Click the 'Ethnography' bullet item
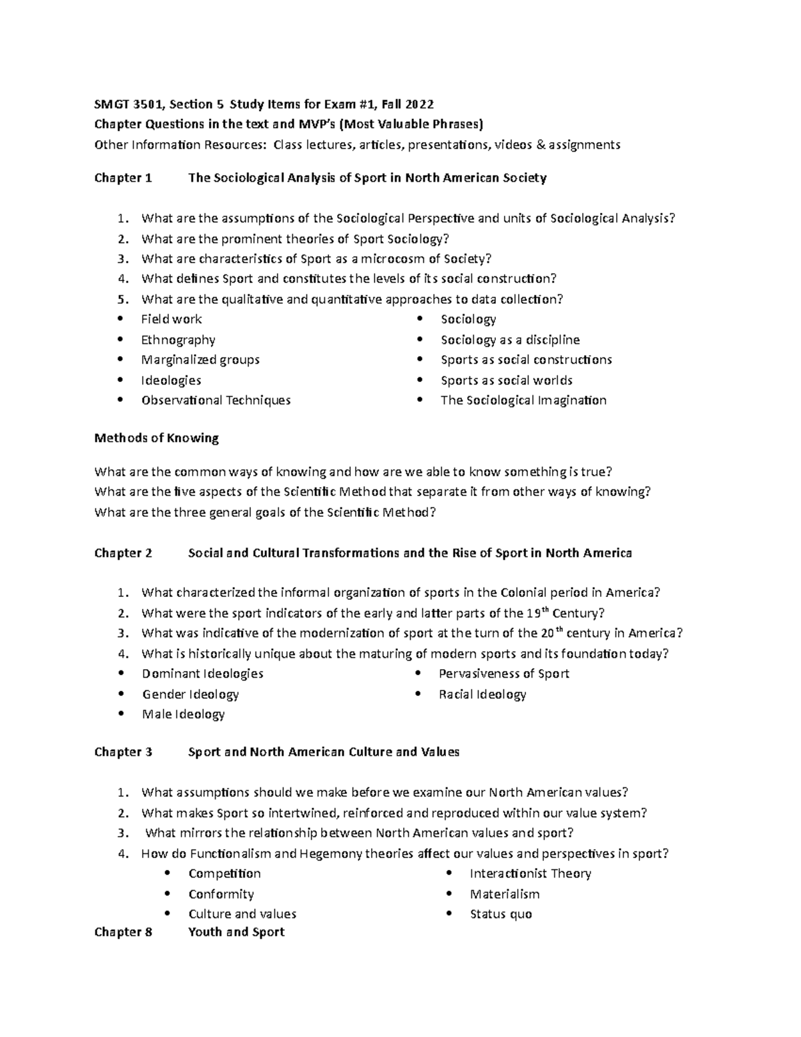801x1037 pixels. [x=178, y=340]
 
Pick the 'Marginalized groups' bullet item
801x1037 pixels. [x=200, y=360]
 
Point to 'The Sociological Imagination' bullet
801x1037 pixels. [x=523, y=401]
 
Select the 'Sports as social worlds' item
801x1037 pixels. [x=507, y=381]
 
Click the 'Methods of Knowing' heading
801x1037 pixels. [x=157, y=438]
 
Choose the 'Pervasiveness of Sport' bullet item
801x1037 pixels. [x=504, y=674]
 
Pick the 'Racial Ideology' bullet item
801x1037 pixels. [x=483, y=694]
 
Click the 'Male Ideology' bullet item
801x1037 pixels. [x=184, y=714]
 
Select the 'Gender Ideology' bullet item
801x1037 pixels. [x=190, y=694]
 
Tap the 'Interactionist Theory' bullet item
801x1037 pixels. [x=530, y=873]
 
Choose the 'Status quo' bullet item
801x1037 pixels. [x=501, y=914]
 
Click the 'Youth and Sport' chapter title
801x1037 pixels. [x=236, y=932]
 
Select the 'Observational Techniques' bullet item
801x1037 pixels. [x=216, y=401]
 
